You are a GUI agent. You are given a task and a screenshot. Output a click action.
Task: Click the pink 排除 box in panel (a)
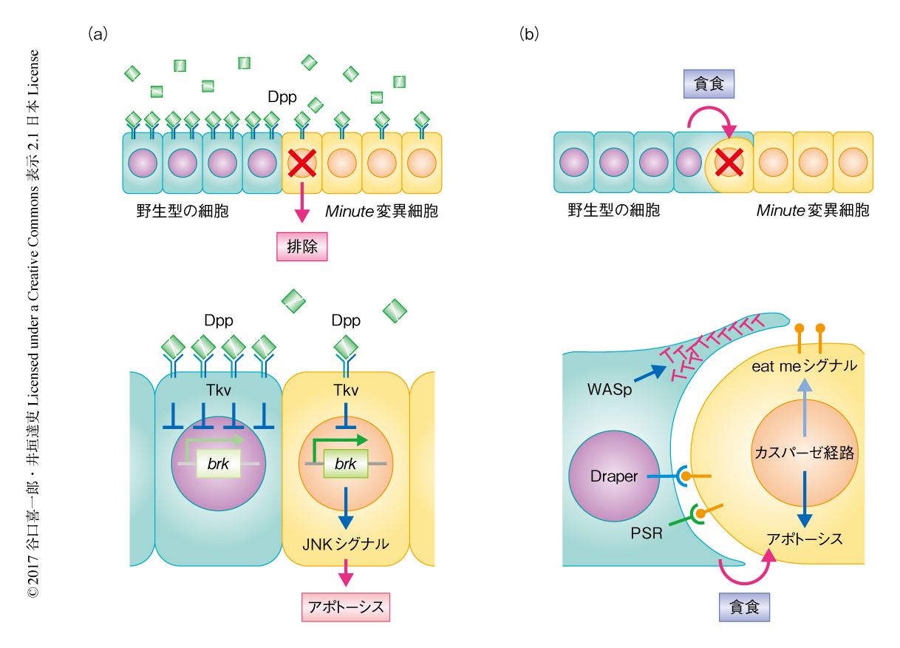(x=301, y=246)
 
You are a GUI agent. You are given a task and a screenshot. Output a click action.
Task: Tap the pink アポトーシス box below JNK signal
(x=345, y=607)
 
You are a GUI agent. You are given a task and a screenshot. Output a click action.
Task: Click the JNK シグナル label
(x=345, y=544)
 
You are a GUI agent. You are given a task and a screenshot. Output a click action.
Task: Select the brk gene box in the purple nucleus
(x=219, y=464)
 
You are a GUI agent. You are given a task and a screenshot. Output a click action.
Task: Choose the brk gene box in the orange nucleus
(x=346, y=464)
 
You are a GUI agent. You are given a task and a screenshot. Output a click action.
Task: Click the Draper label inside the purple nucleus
(x=613, y=476)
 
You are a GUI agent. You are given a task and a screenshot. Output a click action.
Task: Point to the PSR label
(x=647, y=532)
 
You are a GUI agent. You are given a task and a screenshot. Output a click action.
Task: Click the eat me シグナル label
(x=804, y=365)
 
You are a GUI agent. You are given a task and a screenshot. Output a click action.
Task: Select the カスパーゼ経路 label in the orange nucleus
(x=803, y=453)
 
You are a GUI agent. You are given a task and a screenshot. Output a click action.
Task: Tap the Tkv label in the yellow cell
(x=346, y=391)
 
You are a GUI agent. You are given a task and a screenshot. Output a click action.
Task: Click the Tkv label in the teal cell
(x=219, y=391)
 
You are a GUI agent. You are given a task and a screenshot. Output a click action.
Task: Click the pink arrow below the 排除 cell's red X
(x=301, y=203)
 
